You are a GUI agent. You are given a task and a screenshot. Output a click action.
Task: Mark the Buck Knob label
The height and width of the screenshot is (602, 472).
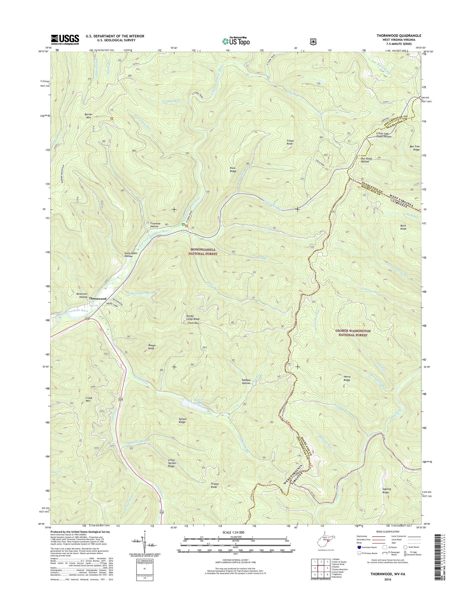pos(403,227)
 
